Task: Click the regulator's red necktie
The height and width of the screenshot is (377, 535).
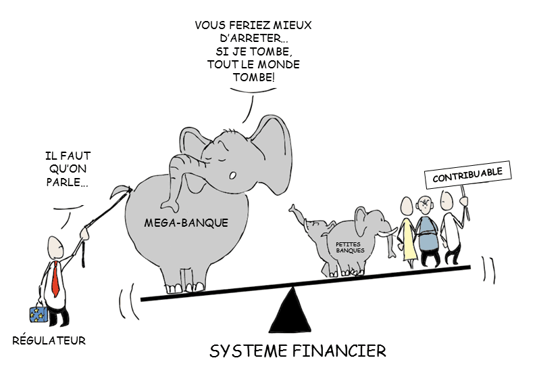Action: (55, 282)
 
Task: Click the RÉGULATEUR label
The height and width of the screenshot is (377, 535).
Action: (49, 340)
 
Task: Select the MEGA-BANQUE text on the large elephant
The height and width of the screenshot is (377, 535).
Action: (177, 222)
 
